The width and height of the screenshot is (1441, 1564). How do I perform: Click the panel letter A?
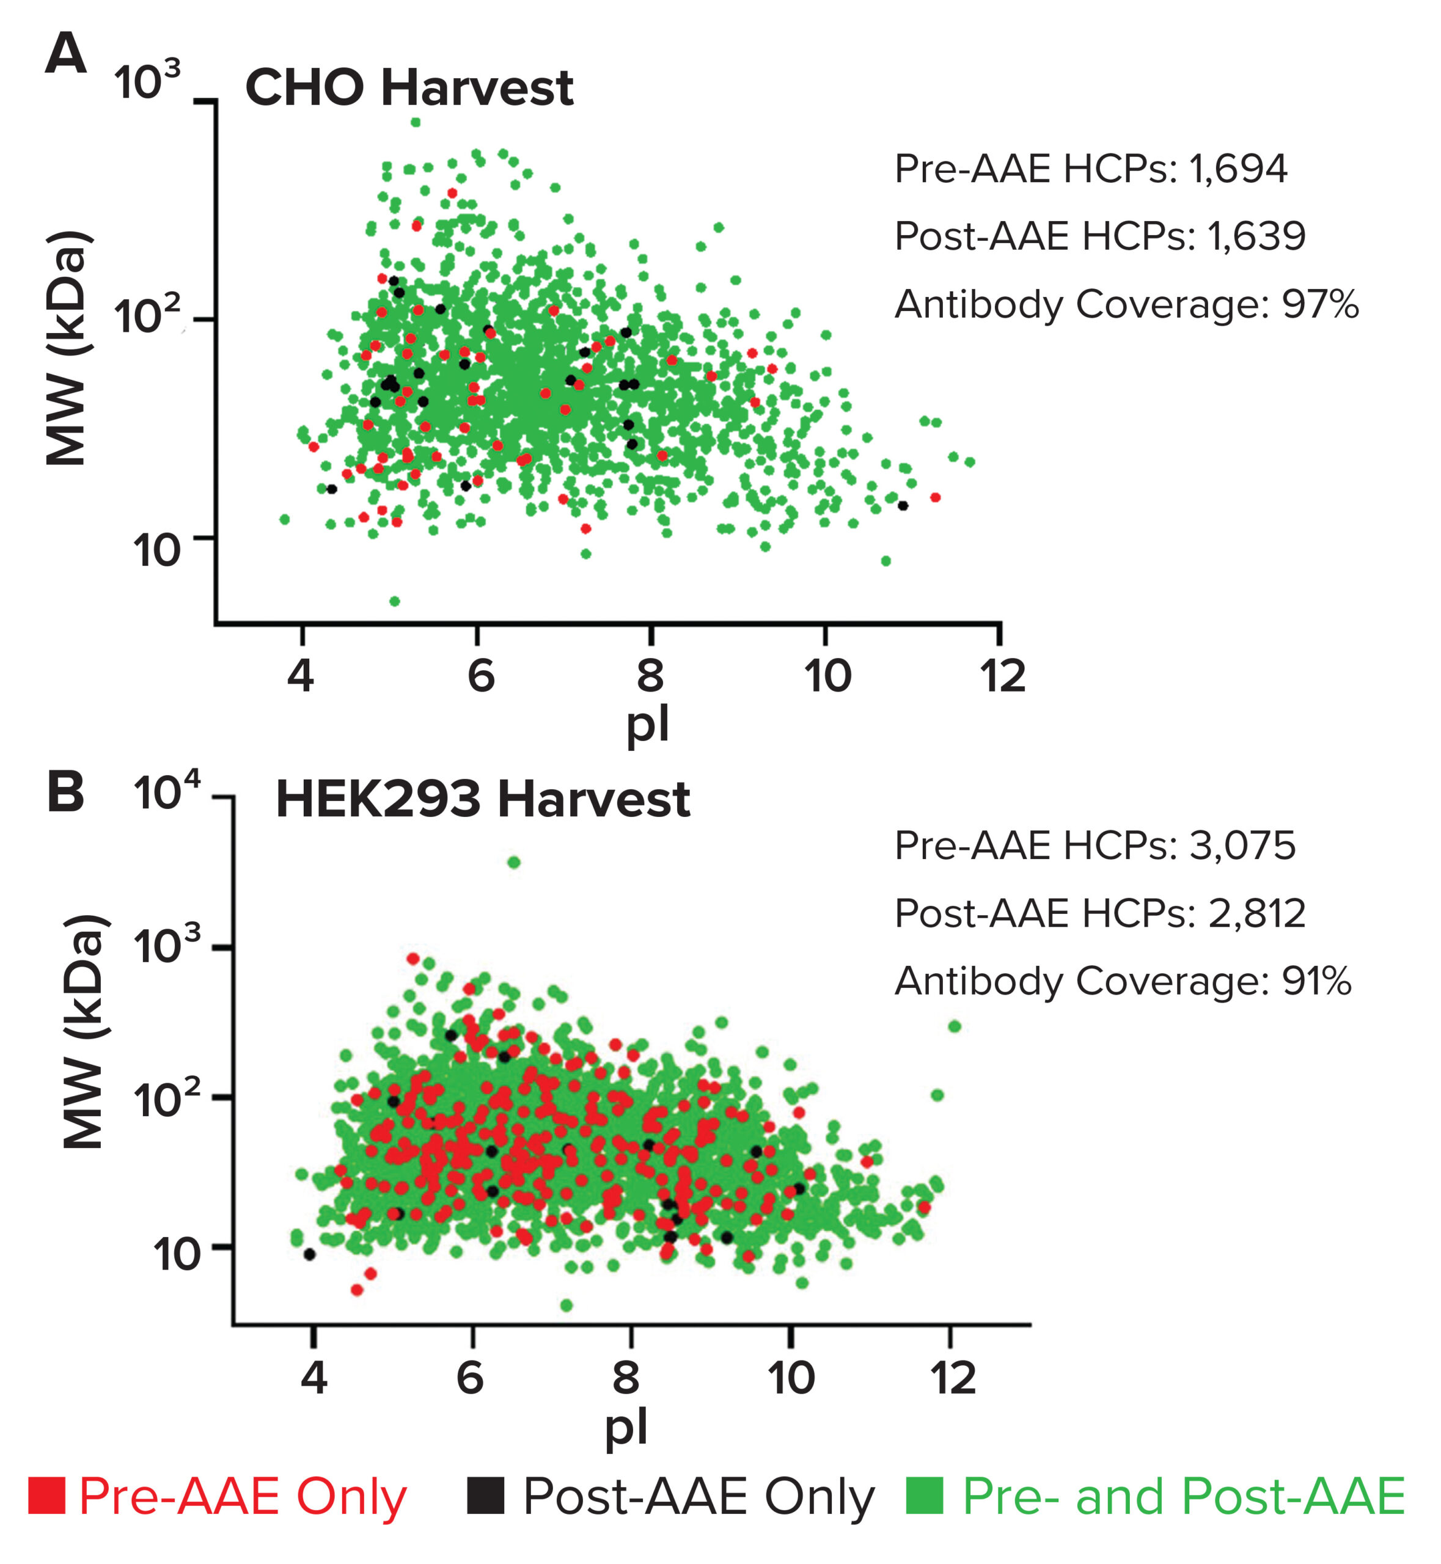(x=65, y=54)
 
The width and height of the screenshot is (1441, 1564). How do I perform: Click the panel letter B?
(x=65, y=792)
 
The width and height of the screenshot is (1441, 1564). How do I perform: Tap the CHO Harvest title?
(x=409, y=87)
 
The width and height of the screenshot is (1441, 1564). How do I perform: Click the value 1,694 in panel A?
(x=1238, y=169)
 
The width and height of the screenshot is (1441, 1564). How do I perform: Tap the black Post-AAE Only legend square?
(x=486, y=1496)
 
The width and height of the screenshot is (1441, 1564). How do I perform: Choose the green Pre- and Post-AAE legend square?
(x=925, y=1496)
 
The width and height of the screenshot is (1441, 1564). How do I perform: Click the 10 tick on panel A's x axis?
(x=827, y=676)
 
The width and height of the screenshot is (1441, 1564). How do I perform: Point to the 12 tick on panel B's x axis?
(x=953, y=1378)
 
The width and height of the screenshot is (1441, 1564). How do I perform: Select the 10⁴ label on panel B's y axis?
(x=167, y=792)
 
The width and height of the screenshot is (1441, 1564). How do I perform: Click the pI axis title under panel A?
(x=647, y=725)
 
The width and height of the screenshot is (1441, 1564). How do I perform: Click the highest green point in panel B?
(x=514, y=862)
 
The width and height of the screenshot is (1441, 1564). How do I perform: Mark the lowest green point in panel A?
(x=395, y=601)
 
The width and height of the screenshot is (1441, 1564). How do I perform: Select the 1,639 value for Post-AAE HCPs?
(x=1256, y=236)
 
